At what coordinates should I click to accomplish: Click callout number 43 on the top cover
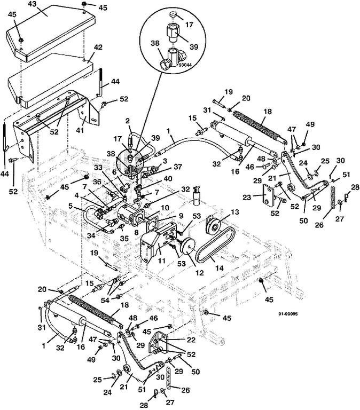click(x=33, y=4)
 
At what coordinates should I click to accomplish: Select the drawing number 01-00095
click(x=288, y=314)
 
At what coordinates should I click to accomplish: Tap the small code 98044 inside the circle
click(x=184, y=64)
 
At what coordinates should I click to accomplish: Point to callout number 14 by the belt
click(x=219, y=268)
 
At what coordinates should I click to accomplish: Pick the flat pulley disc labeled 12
click(x=189, y=247)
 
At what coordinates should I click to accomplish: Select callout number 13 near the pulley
click(x=234, y=212)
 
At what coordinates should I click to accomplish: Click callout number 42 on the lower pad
click(x=98, y=48)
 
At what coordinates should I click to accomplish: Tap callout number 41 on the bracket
click(x=80, y=129)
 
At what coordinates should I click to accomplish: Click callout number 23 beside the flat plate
click(x=247, y=197)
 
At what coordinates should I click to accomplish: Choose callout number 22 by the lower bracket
click(x=191, y=340)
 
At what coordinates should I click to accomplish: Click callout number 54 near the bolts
click(x=105, y=301)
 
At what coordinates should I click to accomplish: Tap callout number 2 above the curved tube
click(x=128, y=121)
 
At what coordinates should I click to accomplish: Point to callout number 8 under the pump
click(x=136, y=232)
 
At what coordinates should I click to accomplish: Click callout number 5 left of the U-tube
click(x=71, y=206)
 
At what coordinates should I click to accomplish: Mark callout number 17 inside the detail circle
click(x=189, y=25)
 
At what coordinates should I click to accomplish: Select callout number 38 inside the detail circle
click(x=155, y=43)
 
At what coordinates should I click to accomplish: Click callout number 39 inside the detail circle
click(x=194, y=47)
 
